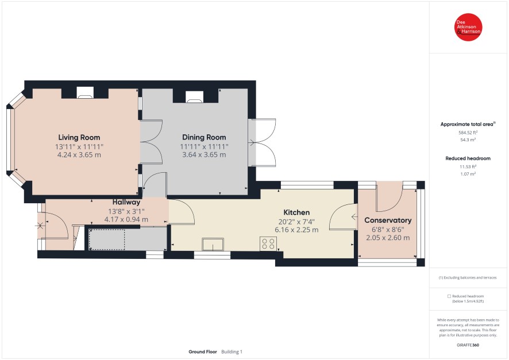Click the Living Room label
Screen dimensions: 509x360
coord(79,138)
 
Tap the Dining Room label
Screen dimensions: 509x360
coord(204,137)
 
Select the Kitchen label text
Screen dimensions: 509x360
coord(296,212)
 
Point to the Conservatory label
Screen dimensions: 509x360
coord(388,220)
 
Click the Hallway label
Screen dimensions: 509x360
coord(126,202)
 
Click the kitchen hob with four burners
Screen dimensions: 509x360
coord(268,244)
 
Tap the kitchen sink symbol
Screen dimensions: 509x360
coord(213,244)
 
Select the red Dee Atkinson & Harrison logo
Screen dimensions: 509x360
coord(468,27)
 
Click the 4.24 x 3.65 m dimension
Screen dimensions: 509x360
coord(79,154)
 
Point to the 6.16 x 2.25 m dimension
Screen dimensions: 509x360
coord(296,230)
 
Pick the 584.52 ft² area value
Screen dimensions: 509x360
coord(468,132)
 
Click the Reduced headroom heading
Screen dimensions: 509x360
coord(468,158)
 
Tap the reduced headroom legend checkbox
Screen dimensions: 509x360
coord(449,296)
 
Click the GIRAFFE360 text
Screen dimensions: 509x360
coord(468,344)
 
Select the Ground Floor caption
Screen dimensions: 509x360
coord(203,351)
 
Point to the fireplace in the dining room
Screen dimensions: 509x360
coord(194,96)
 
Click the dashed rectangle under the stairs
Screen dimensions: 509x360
coord(107,239)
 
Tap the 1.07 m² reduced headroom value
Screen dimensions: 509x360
coord(468,174)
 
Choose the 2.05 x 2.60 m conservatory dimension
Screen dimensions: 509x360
coord(388,238)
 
